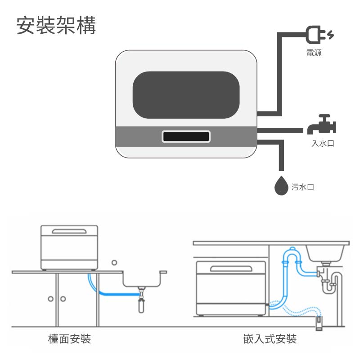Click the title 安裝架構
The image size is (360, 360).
coord(56,26)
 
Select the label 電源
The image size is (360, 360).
coord(314,53)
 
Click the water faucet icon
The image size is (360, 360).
coord(322,126)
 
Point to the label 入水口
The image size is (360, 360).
coord(323,144)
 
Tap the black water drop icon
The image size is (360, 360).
coord(281,185)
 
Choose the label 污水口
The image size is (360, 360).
coord(302,187)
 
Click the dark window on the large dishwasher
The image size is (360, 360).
coord(186,95)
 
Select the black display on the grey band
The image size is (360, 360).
coord(186,136)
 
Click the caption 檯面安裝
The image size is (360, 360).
coord(69,339)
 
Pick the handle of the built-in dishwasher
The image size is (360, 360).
coord(230,269)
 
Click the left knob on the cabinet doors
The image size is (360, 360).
coord(51,299)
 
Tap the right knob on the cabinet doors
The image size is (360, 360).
coord(63,299)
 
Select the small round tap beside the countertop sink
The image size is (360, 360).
coord(114,262)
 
